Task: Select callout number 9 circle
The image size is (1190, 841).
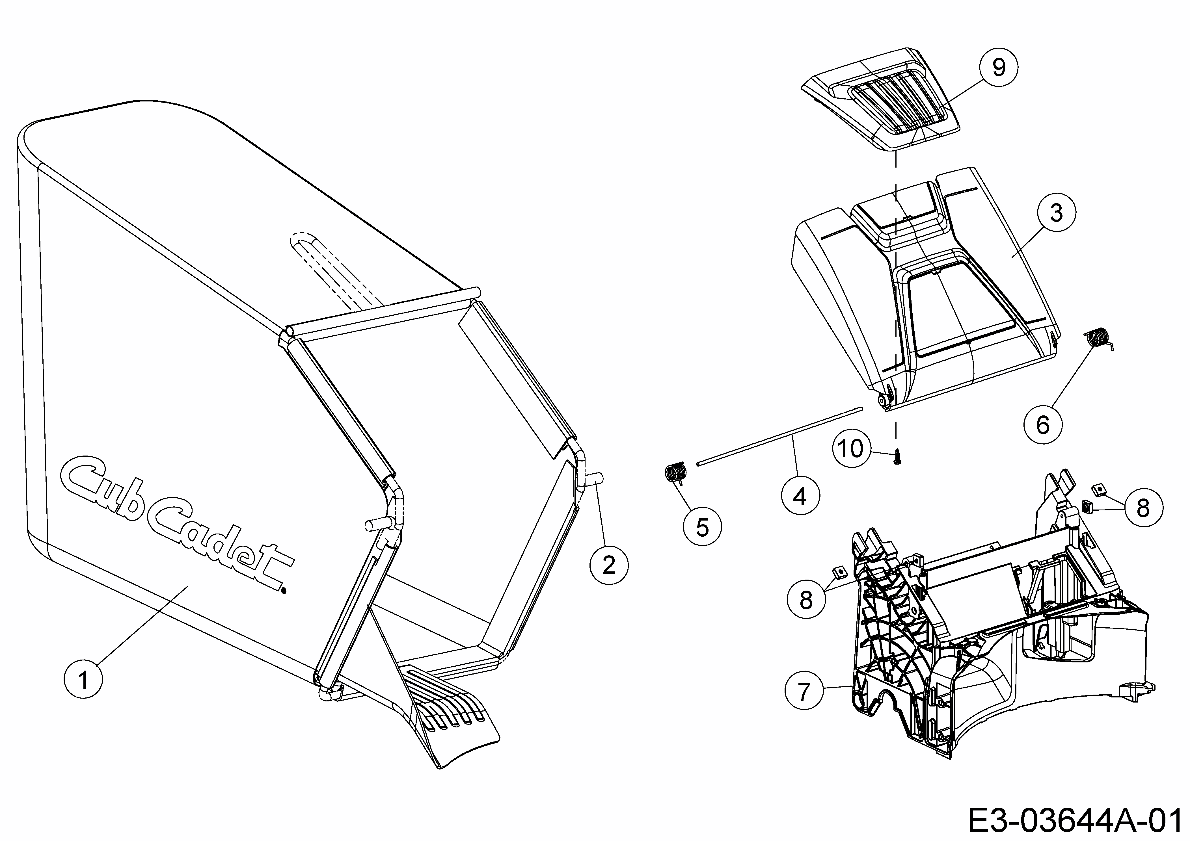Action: pos(998,67)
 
